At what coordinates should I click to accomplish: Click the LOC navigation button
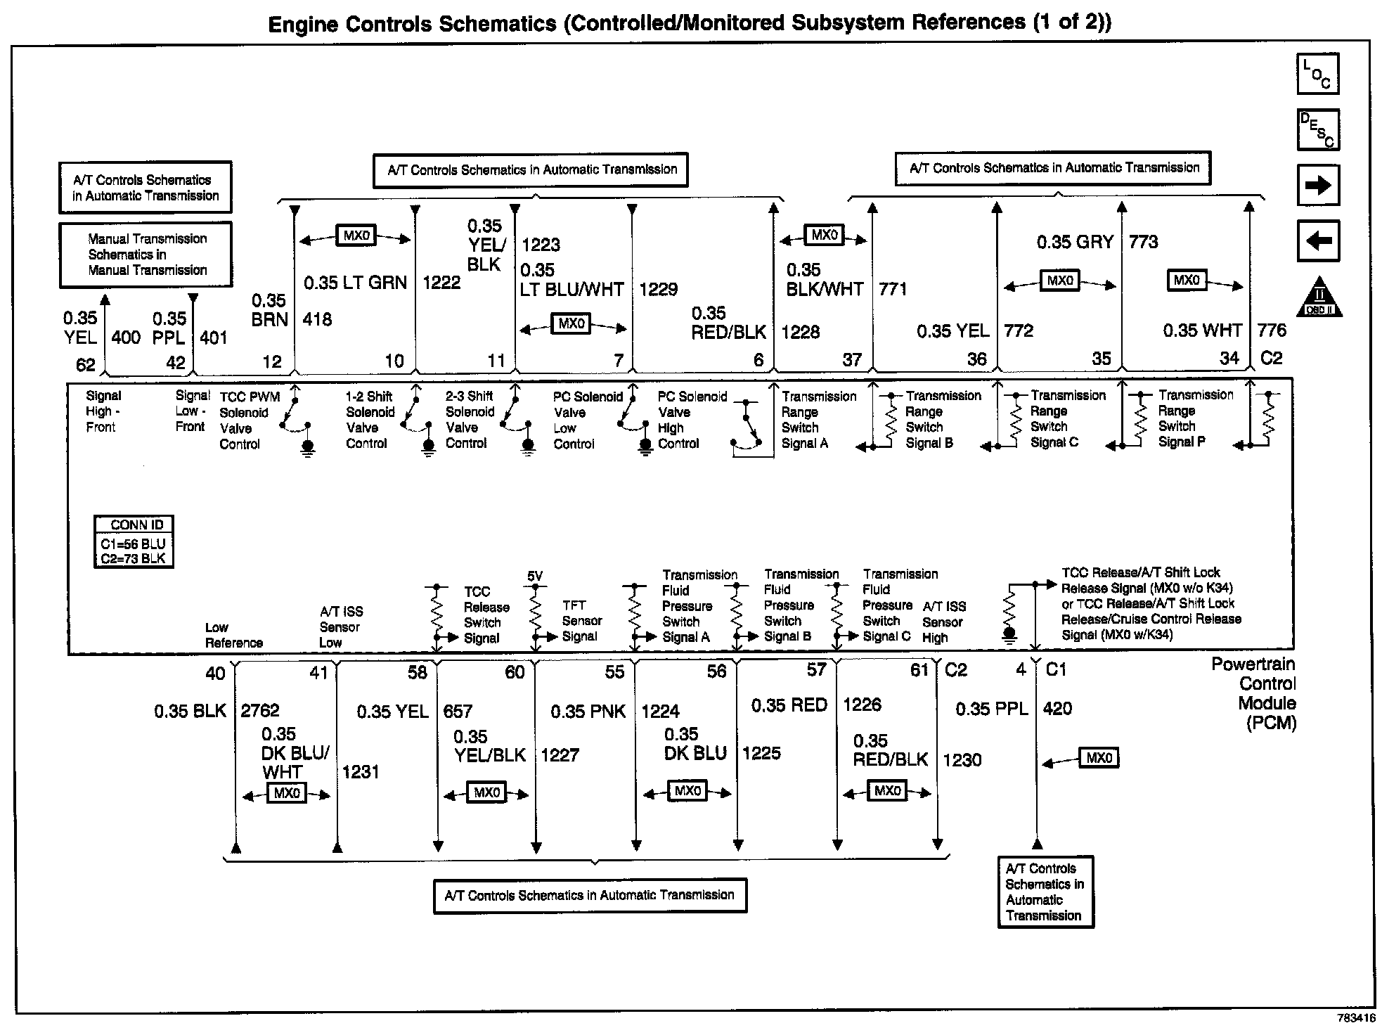pyautogui.click(x=1317, y=74)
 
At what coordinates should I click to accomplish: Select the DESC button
pyautogui.click(x=1317, y=129)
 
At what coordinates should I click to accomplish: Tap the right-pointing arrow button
pyautogui.click(x=1317, y=186)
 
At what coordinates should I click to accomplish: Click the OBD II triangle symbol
pyautogui.click(x=1319, y=298)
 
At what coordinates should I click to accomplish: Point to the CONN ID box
pyautogui.click(x=134, y=541)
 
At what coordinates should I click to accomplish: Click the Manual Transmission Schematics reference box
pyautogui.click(x=146, y=255)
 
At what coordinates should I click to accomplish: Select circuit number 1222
pyautogui.click(x=441, y=283)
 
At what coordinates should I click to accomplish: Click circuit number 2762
pyautogui.click(x=260, y=711)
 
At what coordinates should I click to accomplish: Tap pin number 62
pyautogui.click(x=85, y=364)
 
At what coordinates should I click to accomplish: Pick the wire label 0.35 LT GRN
pyautogui.click(x=355, y=283)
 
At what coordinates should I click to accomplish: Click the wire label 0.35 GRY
pyautogui.click(x=1075, y=243)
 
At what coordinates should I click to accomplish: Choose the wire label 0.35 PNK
pyautogui.click(x=588, y=712)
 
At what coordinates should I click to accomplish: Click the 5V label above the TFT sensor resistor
pyautogui.click(x=535, y=577)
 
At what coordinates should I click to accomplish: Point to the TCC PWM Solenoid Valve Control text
pyautogui.click(x=249, y=420)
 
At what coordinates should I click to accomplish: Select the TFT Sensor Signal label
pyautogui.click(x=581, y=620)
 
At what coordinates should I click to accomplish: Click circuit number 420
pyautogui.click(x=1057, y=709)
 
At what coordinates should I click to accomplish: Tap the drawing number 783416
pyautogui.click(x=1356, y=1018)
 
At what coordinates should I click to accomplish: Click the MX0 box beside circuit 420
pyautogui.click(x=1099, y=758)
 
